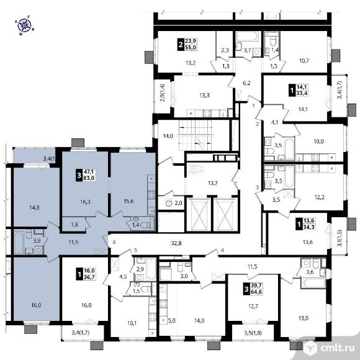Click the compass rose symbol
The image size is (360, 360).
[x=24, y=25]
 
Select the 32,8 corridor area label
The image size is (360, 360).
[x=176, y=243]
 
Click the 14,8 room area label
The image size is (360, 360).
[x=34, y=207]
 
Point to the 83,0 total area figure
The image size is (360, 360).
[x=89, y=178]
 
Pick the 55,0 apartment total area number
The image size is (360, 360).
[x=191, y=47]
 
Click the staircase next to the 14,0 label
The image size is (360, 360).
[x=195, y=136]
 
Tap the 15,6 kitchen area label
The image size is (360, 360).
[x=128, y=201]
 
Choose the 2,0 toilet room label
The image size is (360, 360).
[x=178, y=203]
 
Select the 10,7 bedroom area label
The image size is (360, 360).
[x=304, y=61]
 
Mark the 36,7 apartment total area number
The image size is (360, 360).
[x=89, y=277]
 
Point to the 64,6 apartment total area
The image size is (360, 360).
[x=257, y=292]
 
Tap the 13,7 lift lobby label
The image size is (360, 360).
[x=213, y=183]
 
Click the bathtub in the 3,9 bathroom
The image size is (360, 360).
[x=19, y=243]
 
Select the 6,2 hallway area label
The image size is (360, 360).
[x=246, y=83]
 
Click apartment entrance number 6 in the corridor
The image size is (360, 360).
[x=114, y=242]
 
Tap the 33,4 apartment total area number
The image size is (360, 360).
[x=302, y=93]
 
